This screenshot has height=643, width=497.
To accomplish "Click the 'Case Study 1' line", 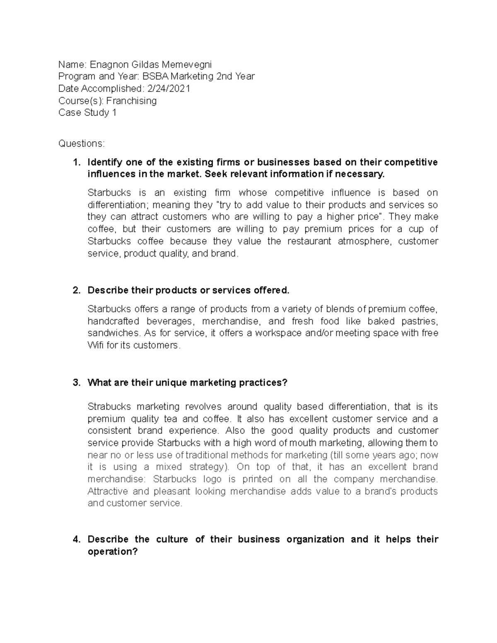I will [x=87, y=113].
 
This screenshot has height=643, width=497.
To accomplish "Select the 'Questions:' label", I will [x=82, y=143].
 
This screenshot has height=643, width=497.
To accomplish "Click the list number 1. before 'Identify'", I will [x=76, y=162].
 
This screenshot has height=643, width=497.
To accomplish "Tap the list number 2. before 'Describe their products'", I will [x=76, y=290].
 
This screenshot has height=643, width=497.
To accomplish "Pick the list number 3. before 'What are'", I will [x=76, y=383].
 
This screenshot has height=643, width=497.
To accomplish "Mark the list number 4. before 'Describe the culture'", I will [x=76, y=539].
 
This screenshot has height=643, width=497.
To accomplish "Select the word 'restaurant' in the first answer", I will [x=309, y=241].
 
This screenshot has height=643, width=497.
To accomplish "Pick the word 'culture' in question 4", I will [x=171, y=539].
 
